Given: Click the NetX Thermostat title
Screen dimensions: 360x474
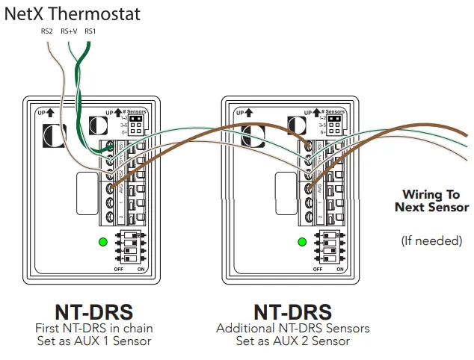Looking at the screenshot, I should [x=73, y=13].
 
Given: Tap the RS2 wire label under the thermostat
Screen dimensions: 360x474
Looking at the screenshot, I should [x=47, y=31].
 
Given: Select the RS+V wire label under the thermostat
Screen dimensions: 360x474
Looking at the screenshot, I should [x=70, y=31].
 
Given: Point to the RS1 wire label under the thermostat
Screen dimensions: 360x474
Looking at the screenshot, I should [x=90, y=31].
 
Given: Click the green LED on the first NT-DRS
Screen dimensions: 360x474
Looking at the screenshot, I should [x=102, y=241].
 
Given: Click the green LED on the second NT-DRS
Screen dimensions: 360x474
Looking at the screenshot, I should [x=302, y=241].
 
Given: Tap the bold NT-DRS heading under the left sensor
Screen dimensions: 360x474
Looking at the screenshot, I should [x=93, y=311].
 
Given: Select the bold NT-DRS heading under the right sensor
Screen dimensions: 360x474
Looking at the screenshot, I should [x=293, y=311].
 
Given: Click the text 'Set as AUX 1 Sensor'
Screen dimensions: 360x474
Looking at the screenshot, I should [x=93, y=341].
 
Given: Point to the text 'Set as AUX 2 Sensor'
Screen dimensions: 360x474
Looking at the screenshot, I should [x=293, y=341].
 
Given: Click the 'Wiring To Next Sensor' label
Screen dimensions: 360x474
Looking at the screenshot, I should [x=431, y=201].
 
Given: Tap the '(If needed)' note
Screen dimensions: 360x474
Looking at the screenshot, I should [x=431, y=240].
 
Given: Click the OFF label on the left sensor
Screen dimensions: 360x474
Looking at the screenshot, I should [x=117, y=268].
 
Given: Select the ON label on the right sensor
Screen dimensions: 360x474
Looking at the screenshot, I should [x=340, y=268].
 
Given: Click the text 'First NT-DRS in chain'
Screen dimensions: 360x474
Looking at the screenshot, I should [x=93, y=329].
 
